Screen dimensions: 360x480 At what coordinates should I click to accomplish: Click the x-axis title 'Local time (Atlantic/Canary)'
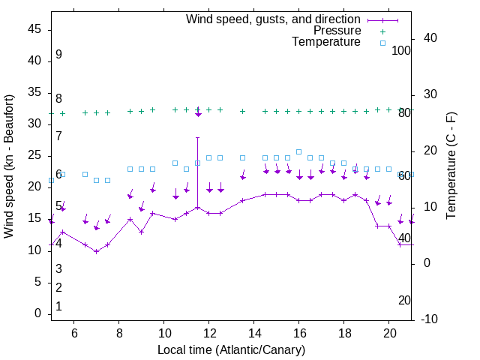coord(231,350)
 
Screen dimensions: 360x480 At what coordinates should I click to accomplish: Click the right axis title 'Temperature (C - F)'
coord(451,166)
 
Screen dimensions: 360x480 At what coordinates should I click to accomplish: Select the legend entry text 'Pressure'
coord(337,31)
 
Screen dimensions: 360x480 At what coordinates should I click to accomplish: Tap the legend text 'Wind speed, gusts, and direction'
coord(274,19)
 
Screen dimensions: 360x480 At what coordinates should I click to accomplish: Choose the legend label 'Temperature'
coord(326,42)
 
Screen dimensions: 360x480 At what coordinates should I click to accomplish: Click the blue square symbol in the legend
coord(382,43)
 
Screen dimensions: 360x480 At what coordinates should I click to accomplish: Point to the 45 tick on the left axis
coord(34,29)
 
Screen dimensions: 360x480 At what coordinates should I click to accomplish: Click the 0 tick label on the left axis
coord(38,313)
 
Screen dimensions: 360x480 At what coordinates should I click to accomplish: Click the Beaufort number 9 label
coord(58,55)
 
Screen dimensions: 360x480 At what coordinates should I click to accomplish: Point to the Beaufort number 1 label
coord(58,307)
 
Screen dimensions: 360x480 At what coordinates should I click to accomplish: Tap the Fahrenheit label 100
coord(402,50)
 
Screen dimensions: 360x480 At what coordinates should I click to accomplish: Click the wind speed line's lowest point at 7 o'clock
coord(96,251)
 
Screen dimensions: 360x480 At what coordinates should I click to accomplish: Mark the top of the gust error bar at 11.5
coord(198,137)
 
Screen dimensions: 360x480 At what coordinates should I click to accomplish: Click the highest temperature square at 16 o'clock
coord(299,151)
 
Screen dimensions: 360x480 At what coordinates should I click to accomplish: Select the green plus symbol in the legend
coord(382,31)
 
